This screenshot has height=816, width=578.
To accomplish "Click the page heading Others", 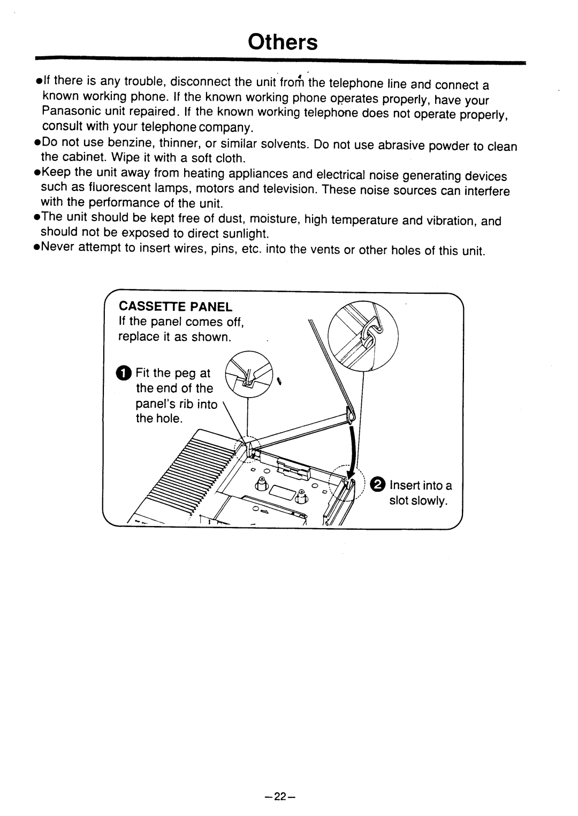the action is click(283, 42).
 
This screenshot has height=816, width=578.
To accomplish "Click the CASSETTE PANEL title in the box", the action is click(176, 307).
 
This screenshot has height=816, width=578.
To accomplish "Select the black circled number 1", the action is click(123, 373).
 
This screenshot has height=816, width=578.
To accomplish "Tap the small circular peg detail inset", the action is click(249, 375).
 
